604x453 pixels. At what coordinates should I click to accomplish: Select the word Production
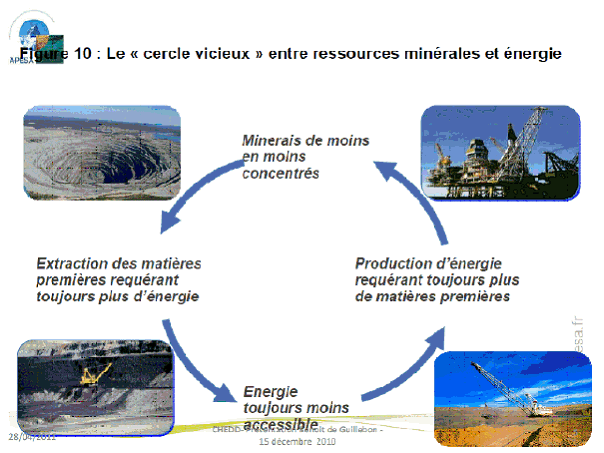point(392,263)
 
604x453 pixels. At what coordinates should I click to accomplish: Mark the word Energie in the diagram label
point(270,391)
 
